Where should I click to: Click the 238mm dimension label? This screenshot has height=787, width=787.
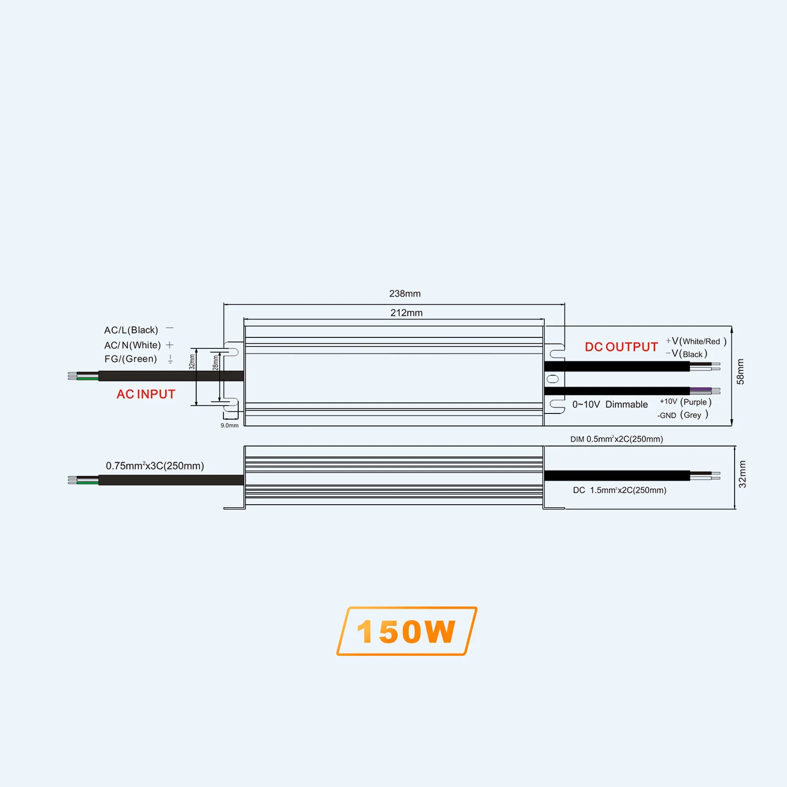click(405, 294)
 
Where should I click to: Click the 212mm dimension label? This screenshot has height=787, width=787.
click(406, 313)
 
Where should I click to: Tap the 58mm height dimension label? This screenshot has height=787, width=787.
click(740, 371)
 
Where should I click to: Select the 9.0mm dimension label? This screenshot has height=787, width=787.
click(229, 426)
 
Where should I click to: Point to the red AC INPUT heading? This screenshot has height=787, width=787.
click(146, 394)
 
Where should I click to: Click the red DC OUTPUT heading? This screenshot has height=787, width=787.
click(621, 347)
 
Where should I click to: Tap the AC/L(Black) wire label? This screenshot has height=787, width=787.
click(131, 330)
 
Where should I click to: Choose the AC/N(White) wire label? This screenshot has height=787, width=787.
click(132, 345)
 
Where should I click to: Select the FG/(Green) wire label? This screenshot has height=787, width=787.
click(131, 359)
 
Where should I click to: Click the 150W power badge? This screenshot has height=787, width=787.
click(407, 631)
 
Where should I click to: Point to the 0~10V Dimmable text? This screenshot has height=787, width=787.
click(610, 405)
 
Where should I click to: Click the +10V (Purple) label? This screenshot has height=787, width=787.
click(685, 402)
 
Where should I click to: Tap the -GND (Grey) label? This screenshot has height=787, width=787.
click(683, 415)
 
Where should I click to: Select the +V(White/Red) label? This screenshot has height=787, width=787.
click(696, 341)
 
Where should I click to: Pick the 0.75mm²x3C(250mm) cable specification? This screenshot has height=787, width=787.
click(155, 466)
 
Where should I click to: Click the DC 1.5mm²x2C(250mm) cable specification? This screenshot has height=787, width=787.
click(620, 490)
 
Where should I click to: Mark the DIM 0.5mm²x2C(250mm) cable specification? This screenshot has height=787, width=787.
click(616, 439)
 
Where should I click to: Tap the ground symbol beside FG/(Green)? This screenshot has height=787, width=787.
click(171, 359)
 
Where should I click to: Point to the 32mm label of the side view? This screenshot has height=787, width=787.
click(742, 474)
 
